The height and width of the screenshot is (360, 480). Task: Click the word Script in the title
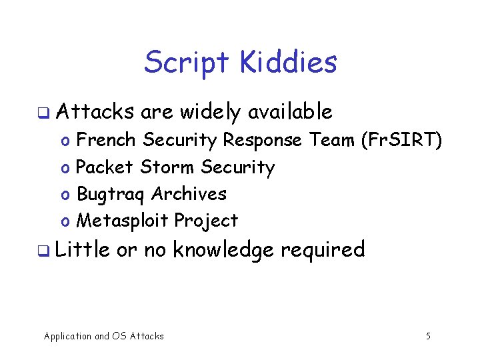(181, 63)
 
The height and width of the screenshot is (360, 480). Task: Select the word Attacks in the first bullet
(95, 111)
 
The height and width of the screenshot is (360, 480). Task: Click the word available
(290, 111)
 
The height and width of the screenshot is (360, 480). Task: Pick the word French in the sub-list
(107, 140)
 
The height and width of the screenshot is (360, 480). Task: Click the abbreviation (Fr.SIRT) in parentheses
(401, 140)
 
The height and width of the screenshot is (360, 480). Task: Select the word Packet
(105, 167)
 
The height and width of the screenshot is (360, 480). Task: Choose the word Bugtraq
(111, 194)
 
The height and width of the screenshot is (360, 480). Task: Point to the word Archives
(189, 194)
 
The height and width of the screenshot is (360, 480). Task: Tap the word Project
(206, 221)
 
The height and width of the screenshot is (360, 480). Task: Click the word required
(323, 250)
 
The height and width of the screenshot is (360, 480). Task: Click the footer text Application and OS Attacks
(103, 336)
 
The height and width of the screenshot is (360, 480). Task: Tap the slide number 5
(428, 336)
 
